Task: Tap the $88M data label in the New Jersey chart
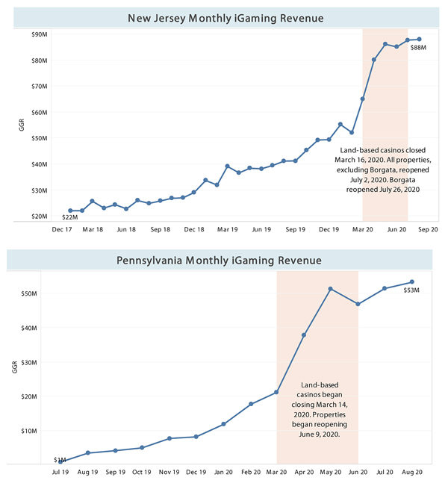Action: [x=418, y=49]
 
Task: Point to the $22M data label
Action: [x=69, y=218]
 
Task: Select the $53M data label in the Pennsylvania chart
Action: [x=411, y=290]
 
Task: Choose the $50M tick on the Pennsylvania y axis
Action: [x=39, y=293]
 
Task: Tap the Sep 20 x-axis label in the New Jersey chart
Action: [x=428, y=230]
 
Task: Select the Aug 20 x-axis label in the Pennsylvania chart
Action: [x=411, y=473]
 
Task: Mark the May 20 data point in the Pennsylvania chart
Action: [x=330, y=289]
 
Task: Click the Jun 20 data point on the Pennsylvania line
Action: [x=358, y=304]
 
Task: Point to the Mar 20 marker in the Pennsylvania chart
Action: [x=276, y=392]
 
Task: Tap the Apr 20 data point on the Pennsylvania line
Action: [x=303, y=335]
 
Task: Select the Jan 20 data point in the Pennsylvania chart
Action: [x=223, y=424]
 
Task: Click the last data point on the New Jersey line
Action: [x=419, y=39]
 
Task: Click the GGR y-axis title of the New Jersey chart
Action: [x=22, y=124]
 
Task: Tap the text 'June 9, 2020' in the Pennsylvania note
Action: [x=317, y=432]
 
